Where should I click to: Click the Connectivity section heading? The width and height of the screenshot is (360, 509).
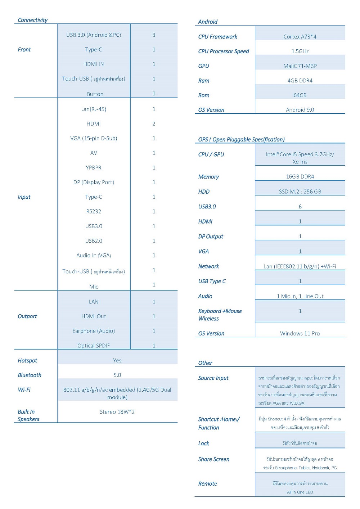(32, 20)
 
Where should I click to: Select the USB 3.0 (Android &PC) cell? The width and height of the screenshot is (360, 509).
(94, 35)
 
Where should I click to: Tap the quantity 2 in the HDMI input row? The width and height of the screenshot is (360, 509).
(154, 124)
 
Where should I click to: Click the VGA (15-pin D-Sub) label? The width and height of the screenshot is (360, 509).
(94, 138)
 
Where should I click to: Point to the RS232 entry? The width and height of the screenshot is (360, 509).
(94, 212)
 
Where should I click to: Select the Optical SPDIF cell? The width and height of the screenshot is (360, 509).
(94, 346)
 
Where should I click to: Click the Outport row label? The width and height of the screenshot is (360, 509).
(27, 316)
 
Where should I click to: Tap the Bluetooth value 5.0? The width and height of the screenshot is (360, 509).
(117, 375)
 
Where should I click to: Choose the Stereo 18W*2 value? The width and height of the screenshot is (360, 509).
(117, 412)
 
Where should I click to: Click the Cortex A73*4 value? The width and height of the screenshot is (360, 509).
(300, 37)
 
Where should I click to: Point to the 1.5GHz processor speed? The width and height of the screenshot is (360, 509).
(300, 51)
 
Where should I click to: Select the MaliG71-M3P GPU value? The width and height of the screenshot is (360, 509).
(300, 66)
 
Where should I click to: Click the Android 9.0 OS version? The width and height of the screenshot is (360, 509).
(300, 110)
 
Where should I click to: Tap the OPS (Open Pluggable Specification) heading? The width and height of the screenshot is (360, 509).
(241, 140)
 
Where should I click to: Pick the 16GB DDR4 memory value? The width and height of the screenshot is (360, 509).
(300, 177)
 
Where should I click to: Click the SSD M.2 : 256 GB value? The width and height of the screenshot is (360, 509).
(300, 192)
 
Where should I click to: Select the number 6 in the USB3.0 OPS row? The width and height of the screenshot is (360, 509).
(300, 207)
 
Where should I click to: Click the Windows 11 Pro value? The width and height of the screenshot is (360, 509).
(300, 334)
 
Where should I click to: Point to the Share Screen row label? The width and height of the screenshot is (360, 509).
(213, 460)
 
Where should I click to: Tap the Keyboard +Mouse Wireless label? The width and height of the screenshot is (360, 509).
(220, 315)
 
